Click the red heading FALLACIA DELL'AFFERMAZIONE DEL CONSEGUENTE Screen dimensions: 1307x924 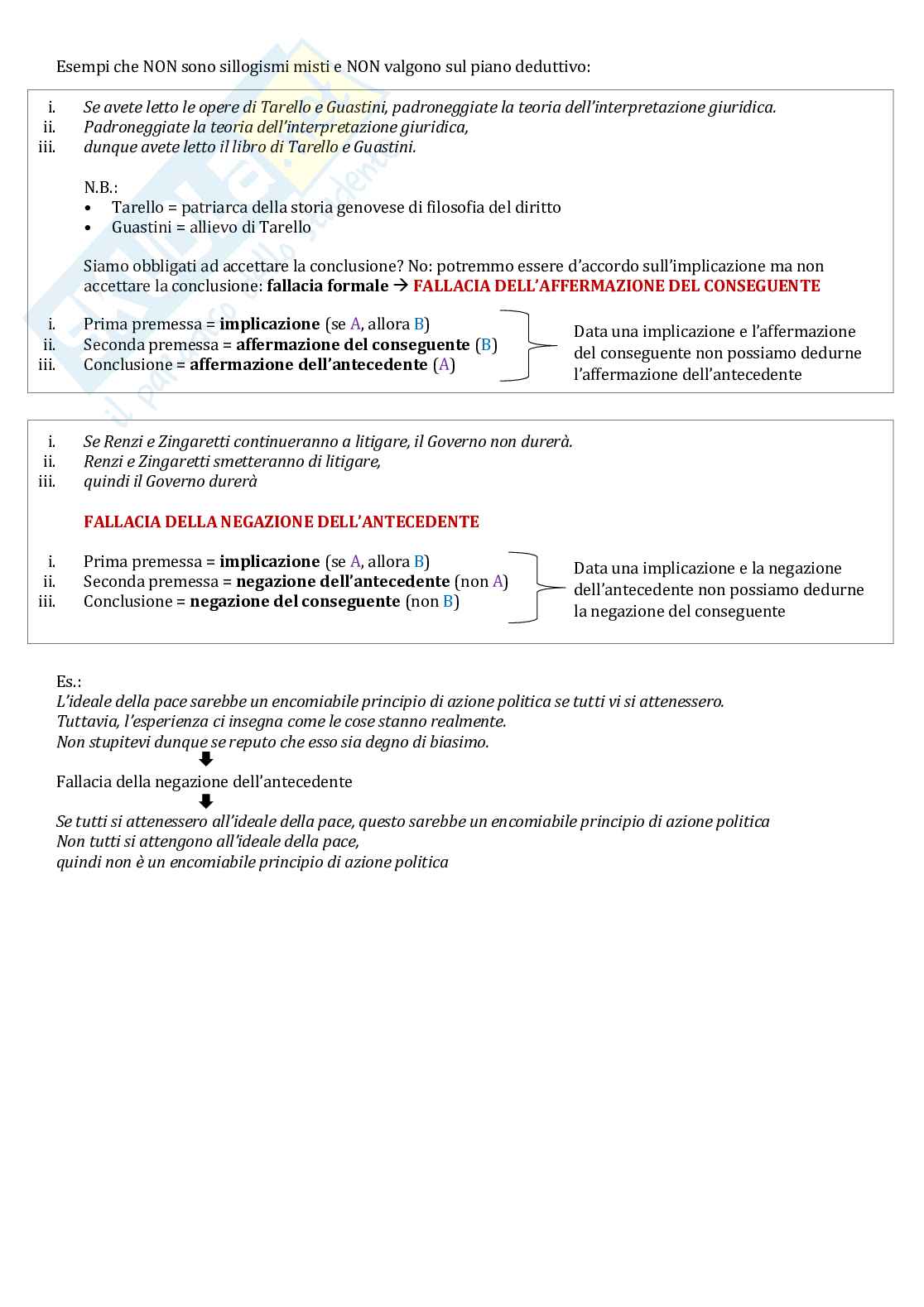[616, 286]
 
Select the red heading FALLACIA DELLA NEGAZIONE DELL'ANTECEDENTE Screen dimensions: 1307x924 [282, 522]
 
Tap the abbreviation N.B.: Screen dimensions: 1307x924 [101, 188]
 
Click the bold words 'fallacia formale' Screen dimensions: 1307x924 [327, 286]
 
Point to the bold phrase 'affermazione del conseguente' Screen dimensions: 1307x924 [353, 345]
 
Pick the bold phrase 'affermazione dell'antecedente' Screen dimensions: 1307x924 [309, 365]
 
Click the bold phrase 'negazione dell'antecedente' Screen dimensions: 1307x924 [343, 582]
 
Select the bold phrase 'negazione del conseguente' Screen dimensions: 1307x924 [295, 602]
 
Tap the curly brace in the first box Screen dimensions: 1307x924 [530, 345]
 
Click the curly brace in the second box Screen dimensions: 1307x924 [537, 588]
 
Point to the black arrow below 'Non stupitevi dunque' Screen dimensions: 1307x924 [206, 760]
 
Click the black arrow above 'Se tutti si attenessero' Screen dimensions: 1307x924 [206, 801]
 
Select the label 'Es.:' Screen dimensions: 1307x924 [69, 682]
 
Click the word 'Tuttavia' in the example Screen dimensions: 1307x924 [86, 722]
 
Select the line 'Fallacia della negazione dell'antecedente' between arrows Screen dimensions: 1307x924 [205, 782]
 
